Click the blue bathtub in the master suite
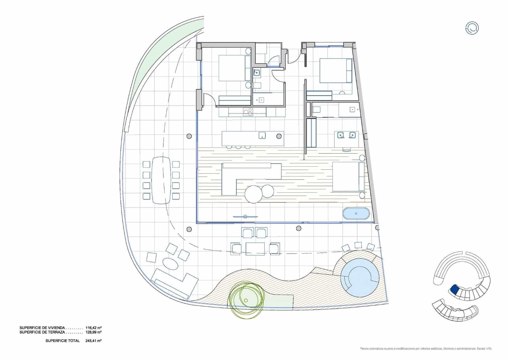click(356, 213)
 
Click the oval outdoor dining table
click(161, 180)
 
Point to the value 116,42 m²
click(93, 328)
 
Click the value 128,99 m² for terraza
click(93, 332)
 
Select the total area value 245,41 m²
click(93, 341)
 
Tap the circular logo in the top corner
click(472, 28)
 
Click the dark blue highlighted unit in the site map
click(454, 289)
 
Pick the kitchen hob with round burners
click(248, 112)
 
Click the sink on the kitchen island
click(262, 136)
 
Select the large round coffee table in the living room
click(253, 194)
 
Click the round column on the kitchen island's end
click(279, 136)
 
